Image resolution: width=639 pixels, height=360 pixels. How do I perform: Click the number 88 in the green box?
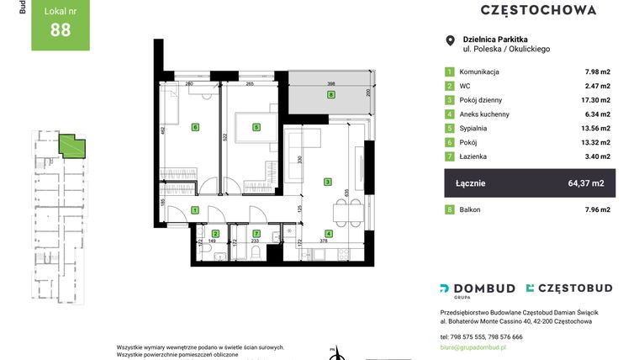pos(61,30)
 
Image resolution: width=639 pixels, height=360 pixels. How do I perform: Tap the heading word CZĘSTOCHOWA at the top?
pos(538,10)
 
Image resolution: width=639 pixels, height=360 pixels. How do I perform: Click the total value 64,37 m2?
pos(586,183)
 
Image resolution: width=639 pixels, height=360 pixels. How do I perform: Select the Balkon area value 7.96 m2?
pos(598,209)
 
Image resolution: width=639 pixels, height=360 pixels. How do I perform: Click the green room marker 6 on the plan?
pos(195,127)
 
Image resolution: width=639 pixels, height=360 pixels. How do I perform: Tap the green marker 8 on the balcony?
pos(331,95)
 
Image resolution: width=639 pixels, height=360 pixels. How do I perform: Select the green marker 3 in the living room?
pos(328,181)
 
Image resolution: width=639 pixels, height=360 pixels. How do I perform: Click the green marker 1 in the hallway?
pos(194,210)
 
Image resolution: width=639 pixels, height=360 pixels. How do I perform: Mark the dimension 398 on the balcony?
pos(332,84)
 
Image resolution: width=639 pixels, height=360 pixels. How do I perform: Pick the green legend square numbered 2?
pos(450,86)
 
